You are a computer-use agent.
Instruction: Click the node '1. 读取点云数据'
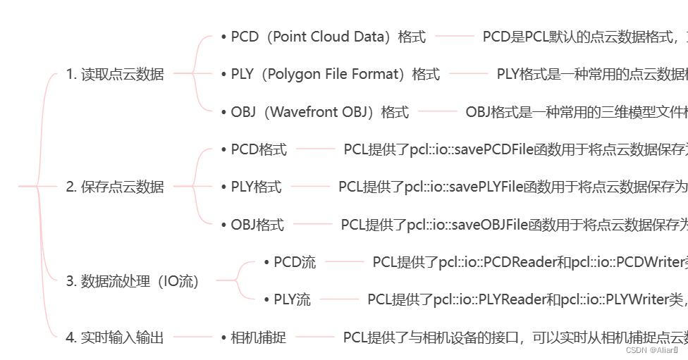[x=115, y=74]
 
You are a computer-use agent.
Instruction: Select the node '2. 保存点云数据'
[x=115, y=187]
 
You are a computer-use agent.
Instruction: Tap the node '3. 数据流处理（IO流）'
[x=133, y=281]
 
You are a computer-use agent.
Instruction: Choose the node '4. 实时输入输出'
[x=115, y=337]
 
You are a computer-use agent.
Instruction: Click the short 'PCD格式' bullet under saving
[x=259, y=149]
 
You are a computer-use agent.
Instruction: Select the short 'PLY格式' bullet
[x=256, y=187]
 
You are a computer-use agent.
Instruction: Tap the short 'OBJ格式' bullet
[x=257, y=225]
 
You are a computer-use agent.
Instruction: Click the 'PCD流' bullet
[x=295, y=263]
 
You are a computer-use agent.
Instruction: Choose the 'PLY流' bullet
[x=292, y=300]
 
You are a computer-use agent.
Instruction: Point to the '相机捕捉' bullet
[x=258, y=337]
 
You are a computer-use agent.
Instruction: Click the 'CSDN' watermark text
[x=636, y=349]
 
